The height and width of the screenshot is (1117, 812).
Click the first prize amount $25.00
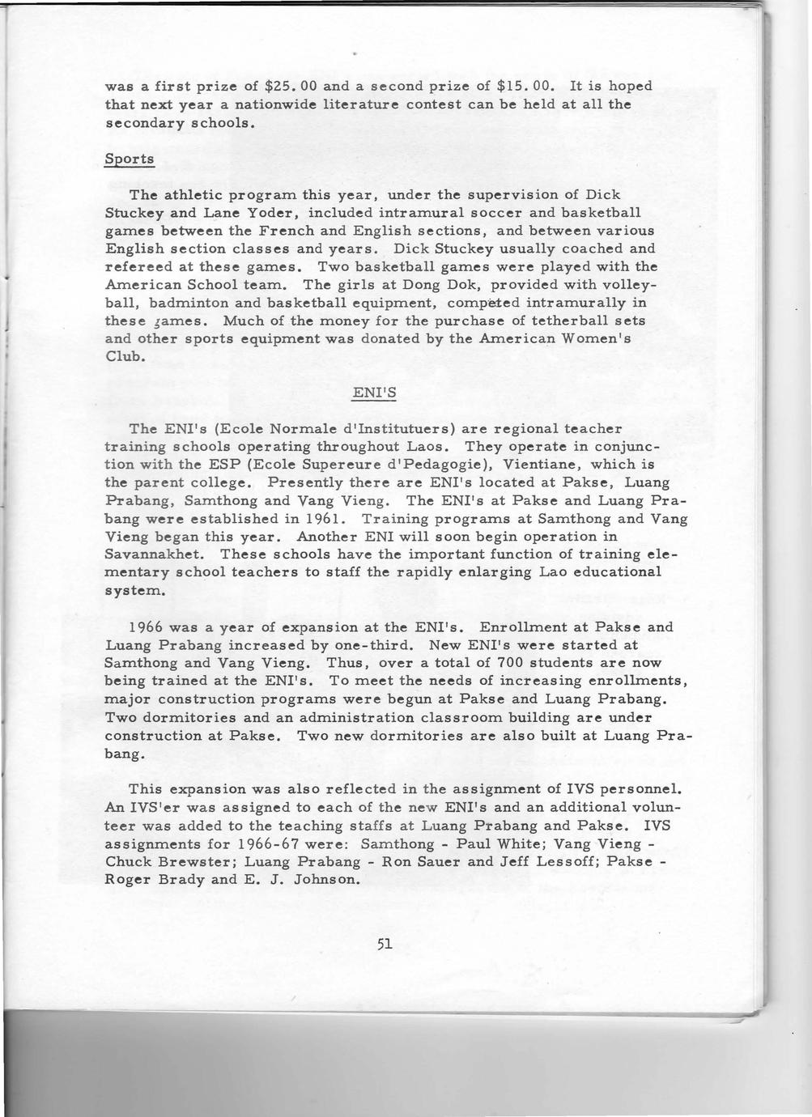tap(289, 86)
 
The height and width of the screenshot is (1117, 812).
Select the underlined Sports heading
tap(130, 159)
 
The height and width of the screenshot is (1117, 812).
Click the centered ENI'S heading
tap(374, 393)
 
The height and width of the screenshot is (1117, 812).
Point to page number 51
tap(384, 943)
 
